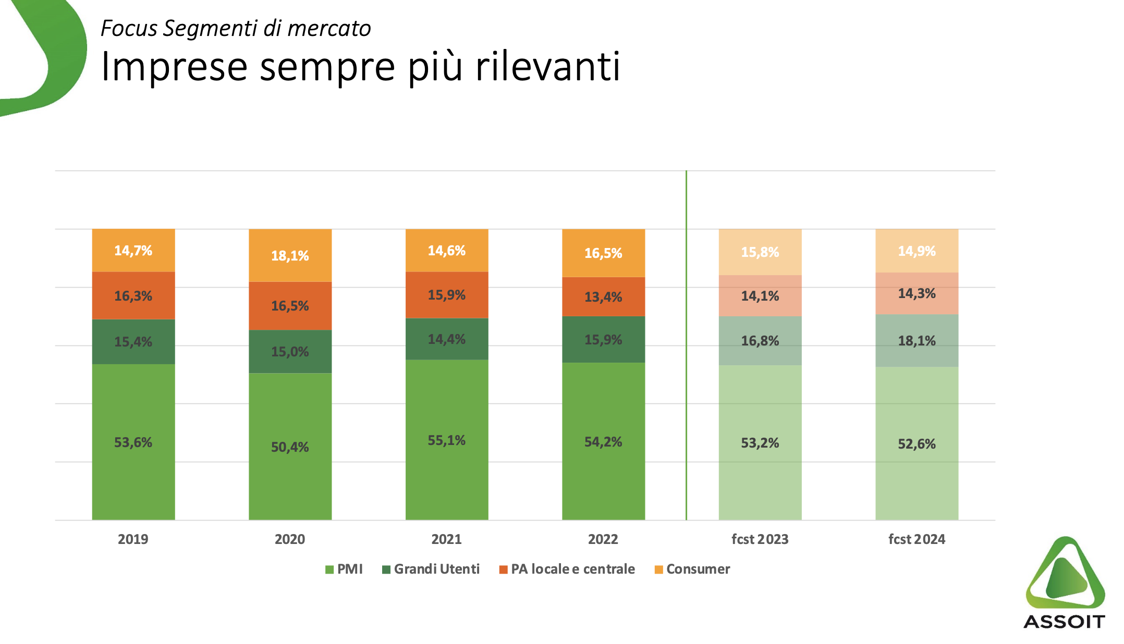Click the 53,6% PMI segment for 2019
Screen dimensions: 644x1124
point(133,442)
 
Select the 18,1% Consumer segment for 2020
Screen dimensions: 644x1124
point(290,255)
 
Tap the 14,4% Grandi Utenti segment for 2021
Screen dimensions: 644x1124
point(447,339)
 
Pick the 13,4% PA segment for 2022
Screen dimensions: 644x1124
point(603,296)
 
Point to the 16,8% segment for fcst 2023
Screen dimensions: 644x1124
point(760,341)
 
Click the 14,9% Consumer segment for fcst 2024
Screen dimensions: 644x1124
point(917,251)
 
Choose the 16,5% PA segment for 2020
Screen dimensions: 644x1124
point(290,306)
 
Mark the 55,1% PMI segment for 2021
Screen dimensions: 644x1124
point(447,440)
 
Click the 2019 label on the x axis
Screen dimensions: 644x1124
point(133,539)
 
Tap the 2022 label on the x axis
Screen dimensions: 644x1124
point(603,539)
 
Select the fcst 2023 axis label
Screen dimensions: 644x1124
point(760,539)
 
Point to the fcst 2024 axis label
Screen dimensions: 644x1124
point(917,539)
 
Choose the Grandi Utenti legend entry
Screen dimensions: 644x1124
point(431,569)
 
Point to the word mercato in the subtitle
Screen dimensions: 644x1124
point(329,29)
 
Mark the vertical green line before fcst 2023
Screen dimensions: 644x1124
point(686,344)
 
